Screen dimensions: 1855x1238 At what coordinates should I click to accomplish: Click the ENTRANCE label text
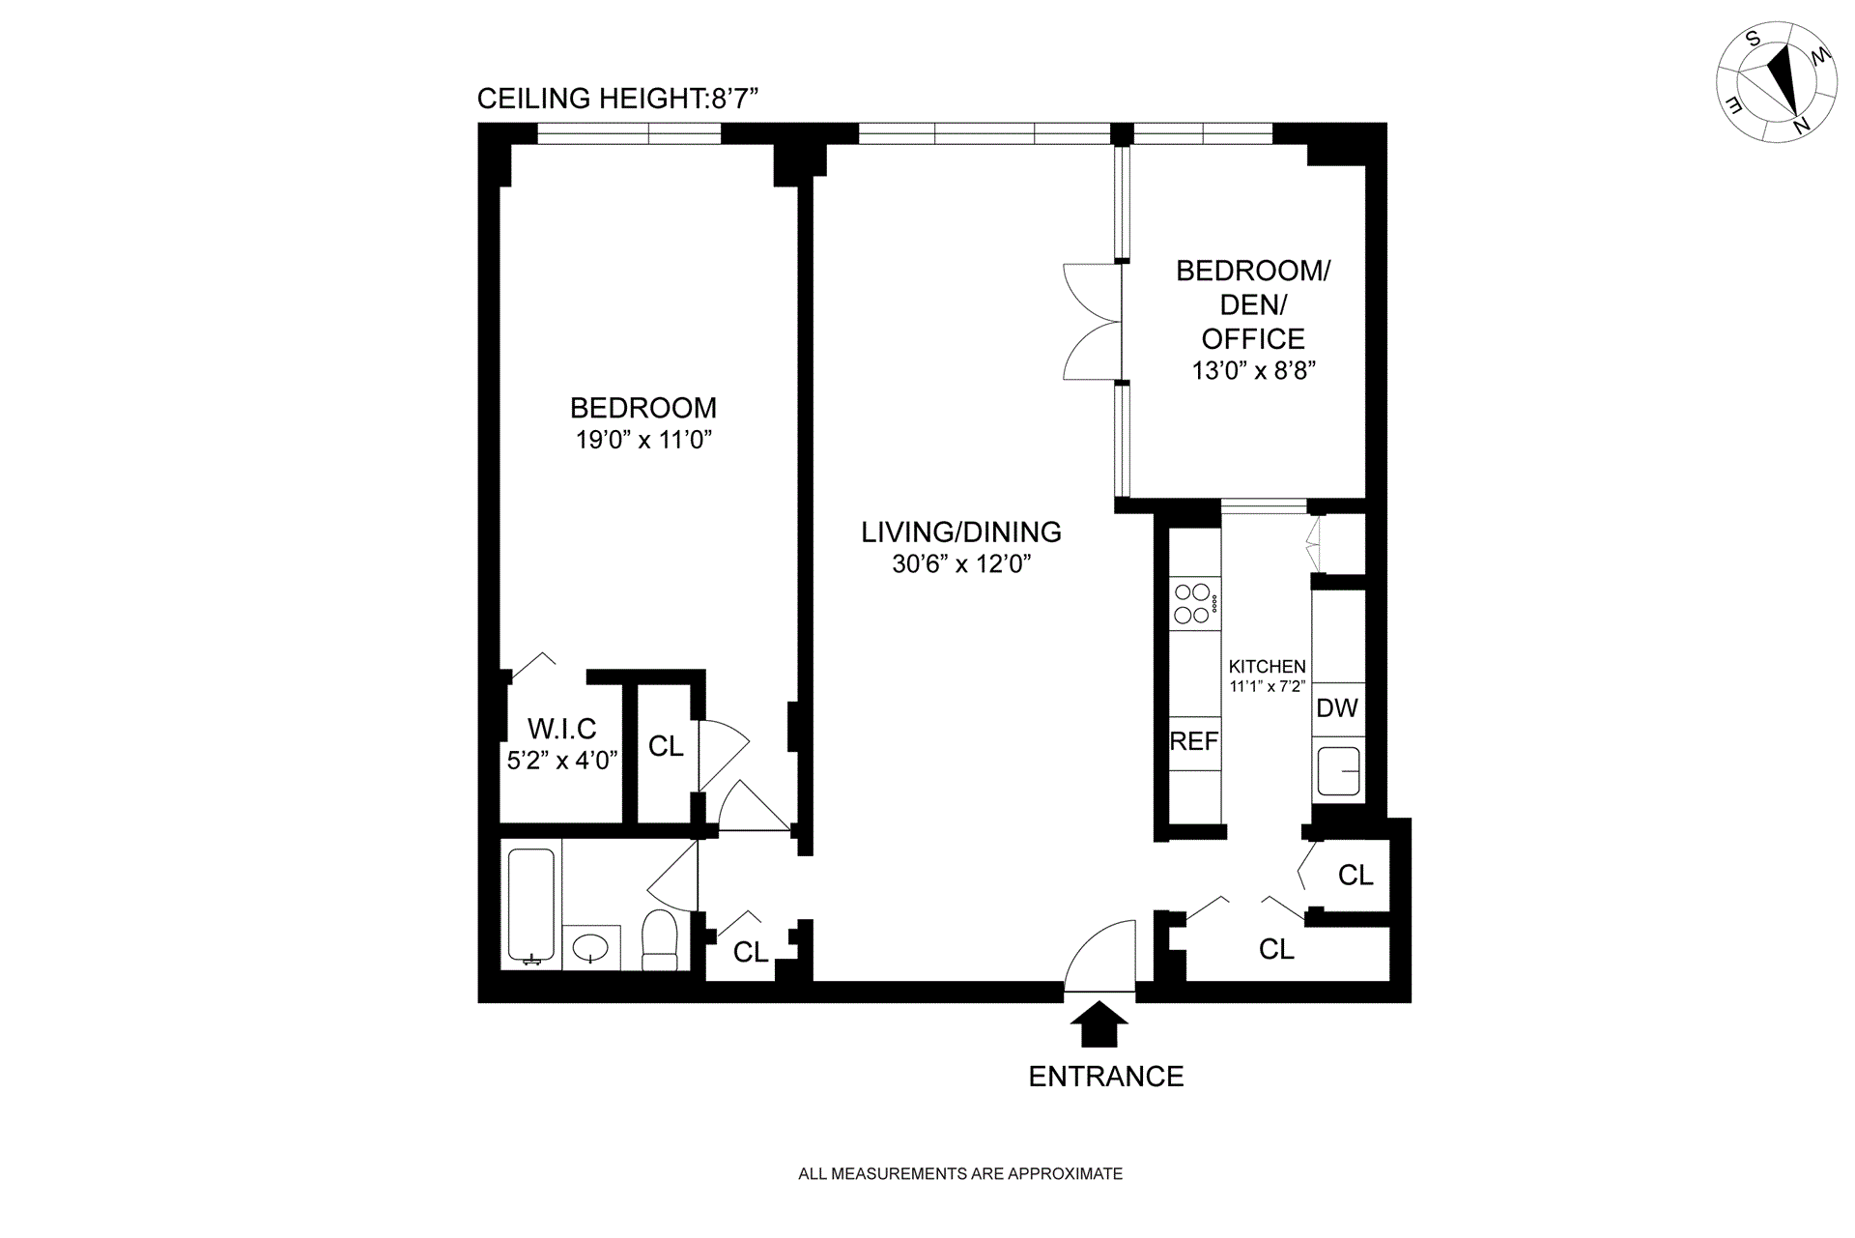pyautogui.click(x=1105, y=1077)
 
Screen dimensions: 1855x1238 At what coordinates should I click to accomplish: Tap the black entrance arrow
pyautogui.click(x=1099, y=1023)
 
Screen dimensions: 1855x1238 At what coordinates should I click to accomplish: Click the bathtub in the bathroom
pyautogui.click(x=530, y=907)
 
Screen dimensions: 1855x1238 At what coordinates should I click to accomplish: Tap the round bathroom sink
pyautogui.click(x=590, y=945)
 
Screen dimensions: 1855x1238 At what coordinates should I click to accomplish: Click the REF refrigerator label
pyautogui.click(x=1193, y=741)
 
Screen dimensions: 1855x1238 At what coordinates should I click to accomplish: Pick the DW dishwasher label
pyautogui.click(x=1337, y=707)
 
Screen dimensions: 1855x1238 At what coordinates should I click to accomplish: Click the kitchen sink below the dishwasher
pyautogui.click(x=1338, y=770)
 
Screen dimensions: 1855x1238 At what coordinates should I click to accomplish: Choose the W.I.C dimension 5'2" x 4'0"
pyautogui.click(x=561, y=761)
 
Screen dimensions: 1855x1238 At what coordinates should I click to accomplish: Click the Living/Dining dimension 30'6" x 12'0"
pyautogui.click(x=961, y=564)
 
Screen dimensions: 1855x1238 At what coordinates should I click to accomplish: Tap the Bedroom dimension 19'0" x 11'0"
pyautogui.click(x=643, y=441)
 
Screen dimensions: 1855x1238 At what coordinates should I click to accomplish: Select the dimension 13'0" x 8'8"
pyautogui.click(x=1253, y=371)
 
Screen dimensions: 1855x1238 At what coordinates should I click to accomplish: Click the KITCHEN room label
pyautogui.click(x=1267, y=667)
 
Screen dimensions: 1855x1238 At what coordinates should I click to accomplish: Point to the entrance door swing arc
pyautogui.click(x=1100, y=955)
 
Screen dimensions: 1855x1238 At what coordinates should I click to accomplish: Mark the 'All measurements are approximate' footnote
pyautogui.click(x=960, y=1174)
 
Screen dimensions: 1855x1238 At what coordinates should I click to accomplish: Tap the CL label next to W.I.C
pyautogui.click(x=666, y=746)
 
